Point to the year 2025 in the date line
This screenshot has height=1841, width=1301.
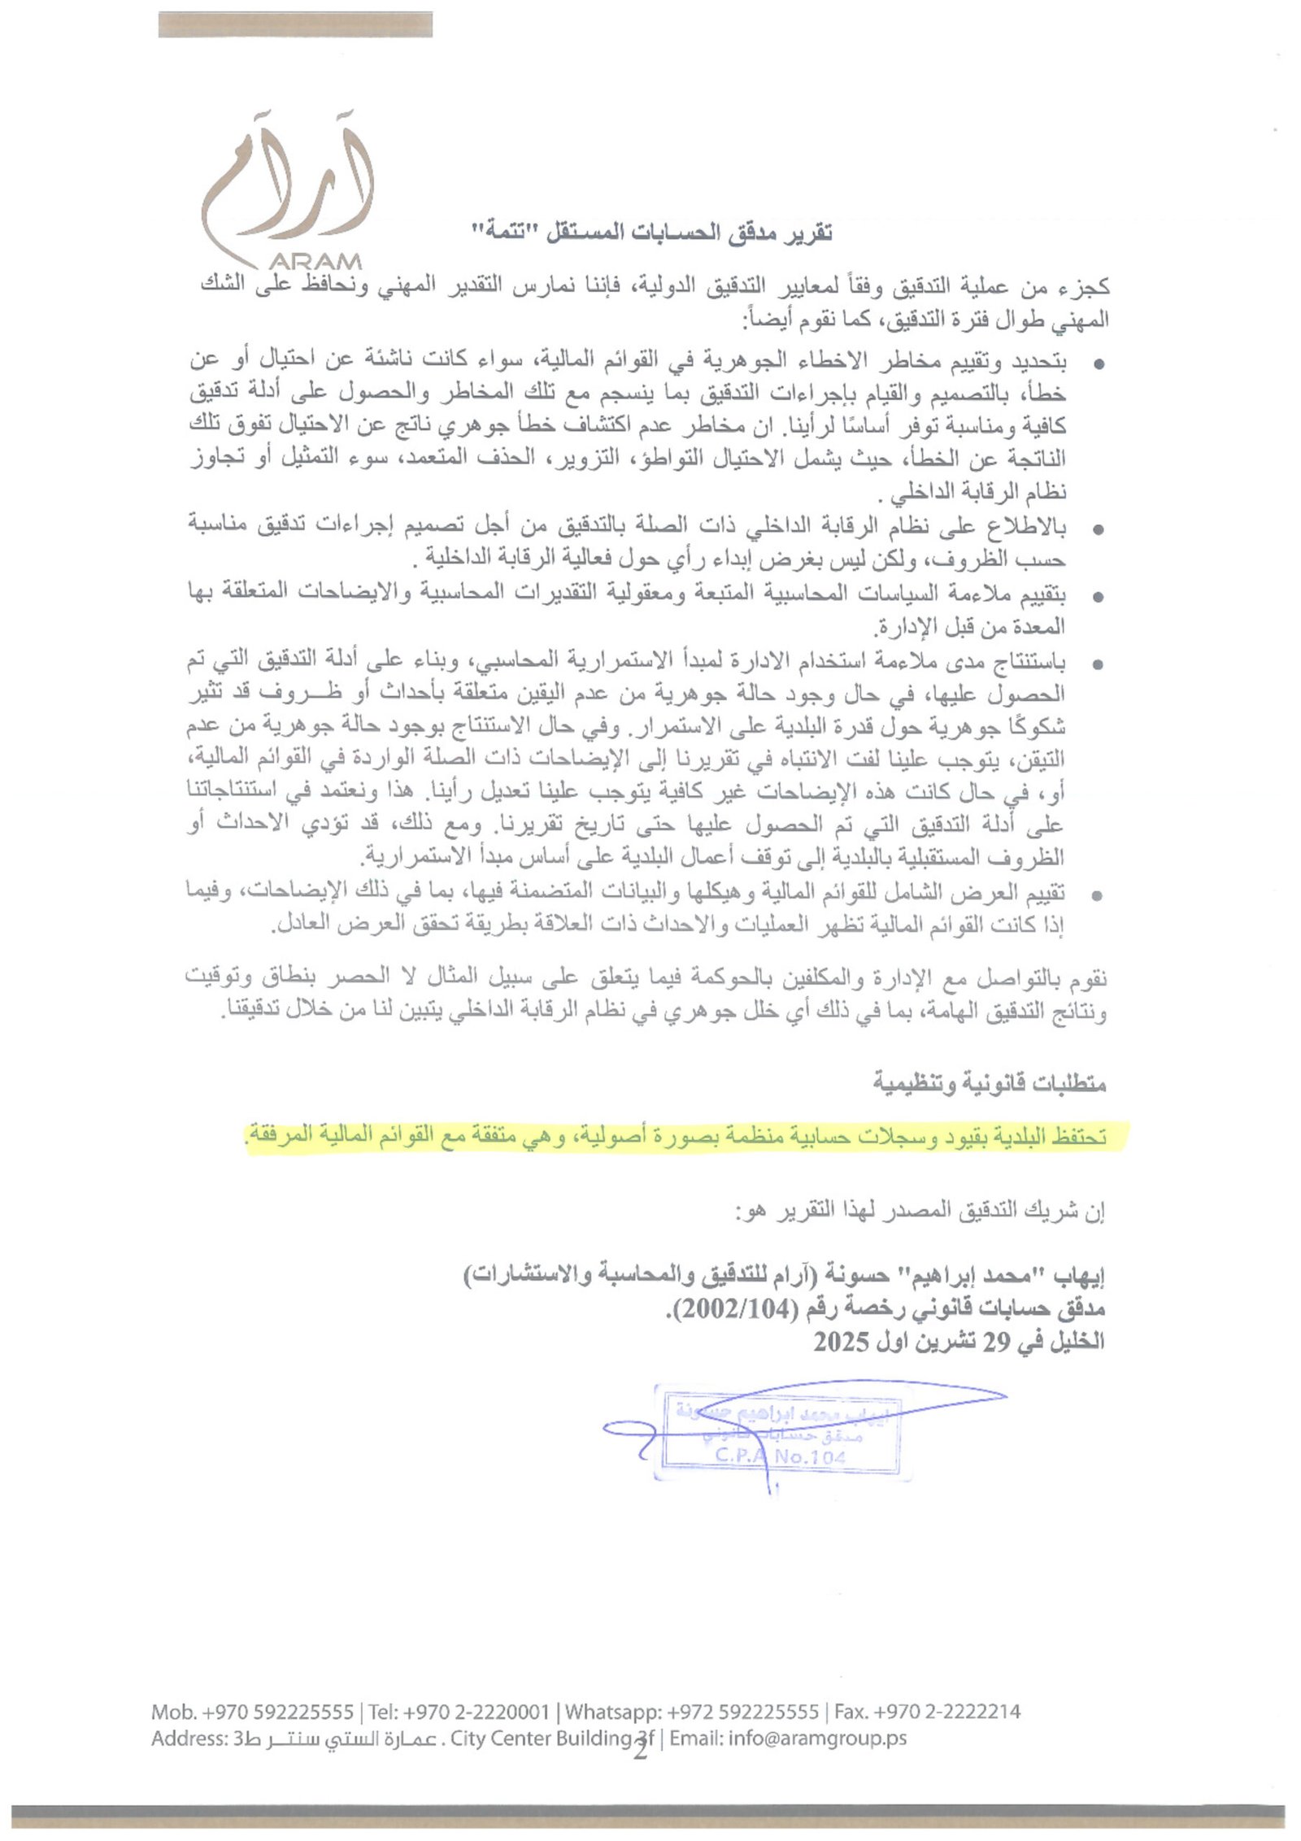[842, 1341]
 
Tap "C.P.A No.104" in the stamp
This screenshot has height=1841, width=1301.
[781, 1456]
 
